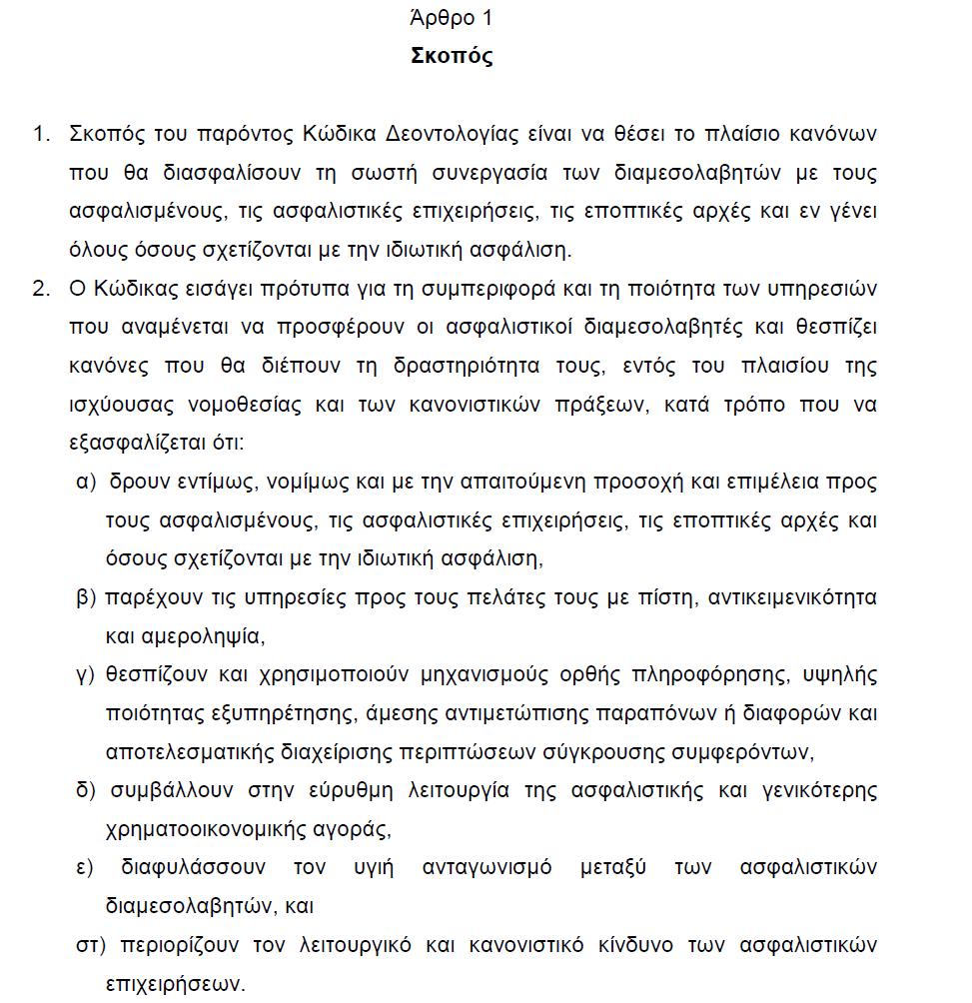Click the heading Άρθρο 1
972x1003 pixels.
452,18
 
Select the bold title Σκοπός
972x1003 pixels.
452,56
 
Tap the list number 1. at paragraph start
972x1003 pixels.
41,134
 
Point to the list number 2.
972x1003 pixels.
41,289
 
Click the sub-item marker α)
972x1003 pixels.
86,482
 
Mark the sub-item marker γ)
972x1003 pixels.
85,674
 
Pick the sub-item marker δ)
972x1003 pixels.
86,790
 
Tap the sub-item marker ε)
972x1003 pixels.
86,867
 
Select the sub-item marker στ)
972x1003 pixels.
89,944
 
